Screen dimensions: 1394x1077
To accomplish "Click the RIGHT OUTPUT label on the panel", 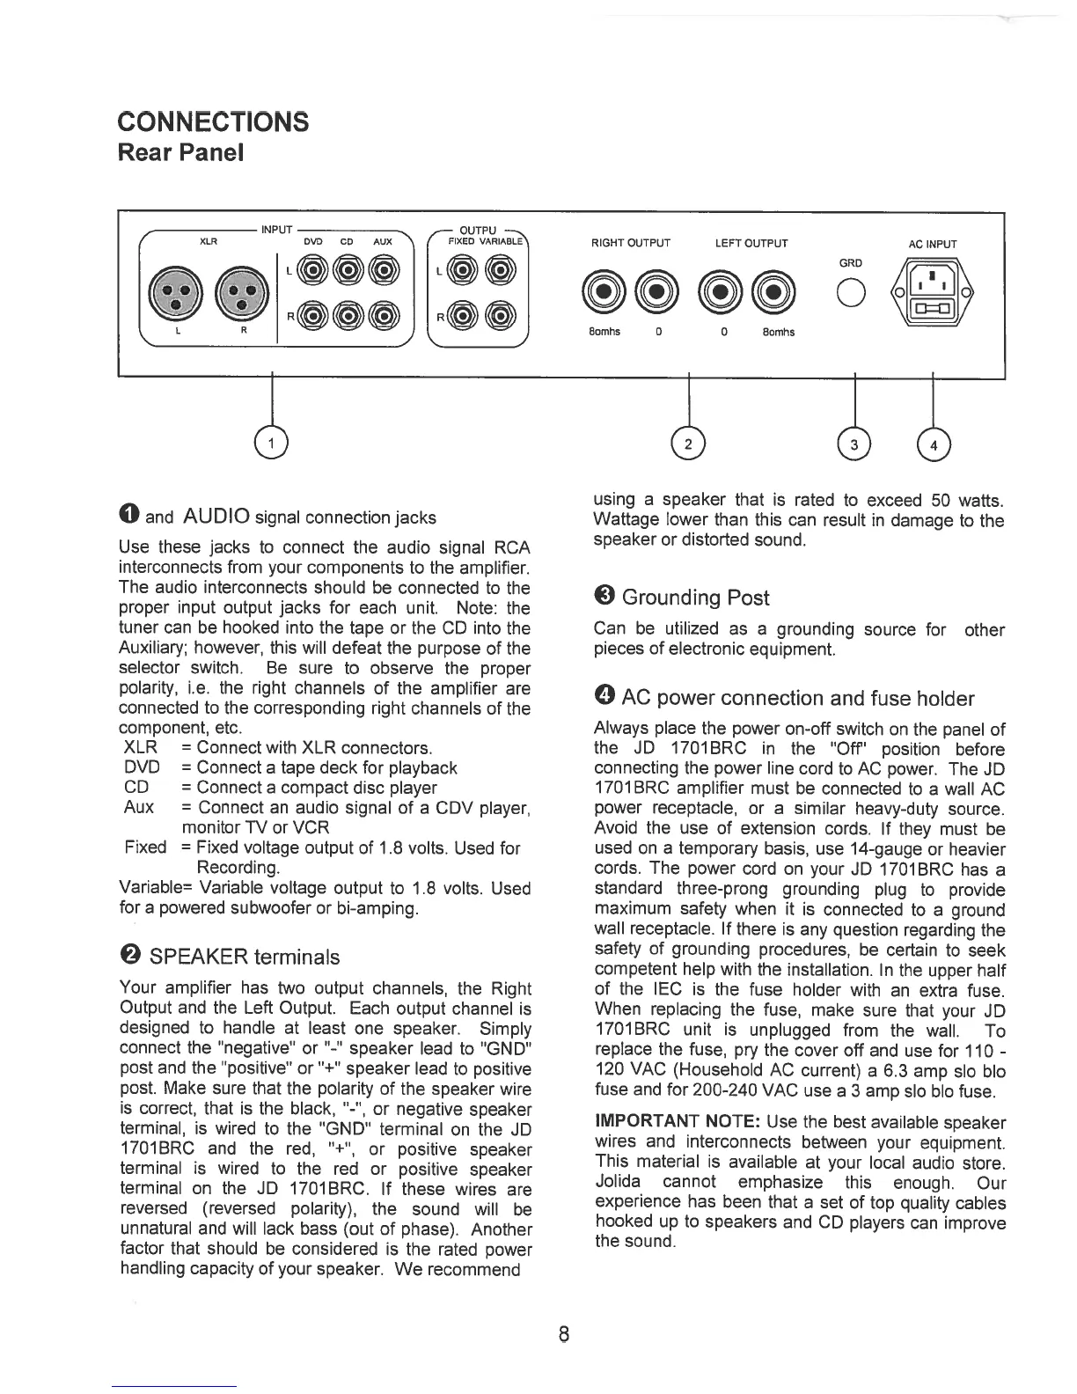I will coord(632,244).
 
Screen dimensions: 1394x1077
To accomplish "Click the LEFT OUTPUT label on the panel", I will coord(751,244).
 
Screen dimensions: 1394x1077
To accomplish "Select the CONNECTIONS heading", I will coord(213,121).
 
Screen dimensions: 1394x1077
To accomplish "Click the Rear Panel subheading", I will coord(180,153).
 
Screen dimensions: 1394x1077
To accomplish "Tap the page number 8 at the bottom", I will coord(564,1334).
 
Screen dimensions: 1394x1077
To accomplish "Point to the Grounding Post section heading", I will coord(695,598).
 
